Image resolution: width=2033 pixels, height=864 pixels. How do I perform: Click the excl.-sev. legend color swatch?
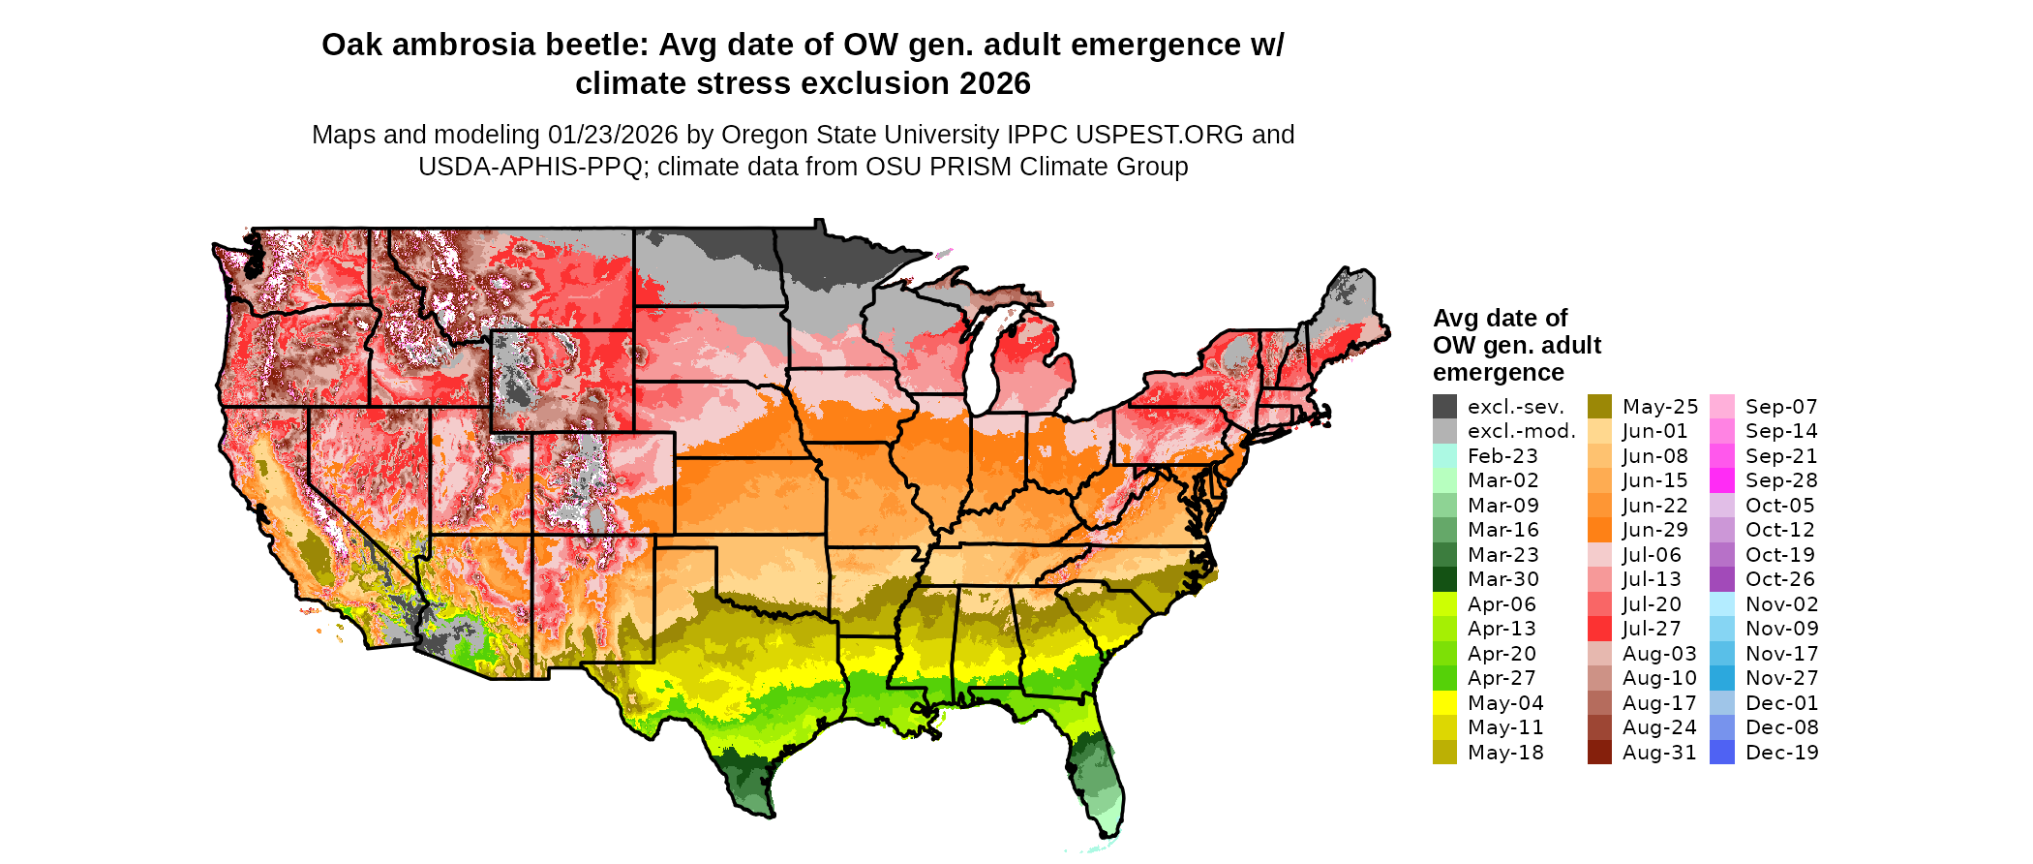pos(1444,407)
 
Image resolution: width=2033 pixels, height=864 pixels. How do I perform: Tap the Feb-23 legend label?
pos(1502,456)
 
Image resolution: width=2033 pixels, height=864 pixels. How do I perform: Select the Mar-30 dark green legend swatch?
pos(1444,579)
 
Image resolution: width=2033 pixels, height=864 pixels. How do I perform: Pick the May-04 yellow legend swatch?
pos(1444,703)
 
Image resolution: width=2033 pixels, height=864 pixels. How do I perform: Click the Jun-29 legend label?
pos(1654,530)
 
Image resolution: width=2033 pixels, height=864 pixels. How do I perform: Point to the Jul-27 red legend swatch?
pos(1599,629)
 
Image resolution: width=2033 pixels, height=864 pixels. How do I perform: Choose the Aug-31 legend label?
pos(1659,753)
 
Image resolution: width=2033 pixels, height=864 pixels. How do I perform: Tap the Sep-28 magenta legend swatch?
pos(1722,480)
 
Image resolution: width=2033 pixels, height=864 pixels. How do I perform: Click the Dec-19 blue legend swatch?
pos(1722,753)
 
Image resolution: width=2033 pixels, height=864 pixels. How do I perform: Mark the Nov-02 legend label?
pos(1781,604)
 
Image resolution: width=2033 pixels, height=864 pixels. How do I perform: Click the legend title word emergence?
pos(1498,373)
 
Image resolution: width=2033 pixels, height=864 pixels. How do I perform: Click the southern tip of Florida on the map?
pos(1109,829)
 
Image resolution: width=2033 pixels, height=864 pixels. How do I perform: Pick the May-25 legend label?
pos(1659,407)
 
